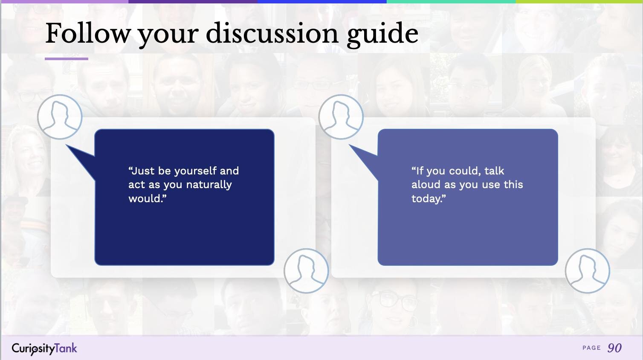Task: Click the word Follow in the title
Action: click(88, 33)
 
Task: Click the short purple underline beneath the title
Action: click(66, 59)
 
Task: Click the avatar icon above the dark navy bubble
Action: click(60, 117)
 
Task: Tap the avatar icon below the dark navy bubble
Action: click(306, 271)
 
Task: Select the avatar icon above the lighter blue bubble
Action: click(341, 117)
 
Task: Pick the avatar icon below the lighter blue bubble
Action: click(587, 271)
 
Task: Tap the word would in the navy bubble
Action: click(145, 198)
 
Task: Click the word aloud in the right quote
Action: click(426, 185)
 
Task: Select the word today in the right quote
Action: click(426, 198)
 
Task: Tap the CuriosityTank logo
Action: click(44, 348)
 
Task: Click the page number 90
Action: click(614, 348)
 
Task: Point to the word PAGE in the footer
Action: click(591, 348)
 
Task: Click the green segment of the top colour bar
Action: click(451, 2)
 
